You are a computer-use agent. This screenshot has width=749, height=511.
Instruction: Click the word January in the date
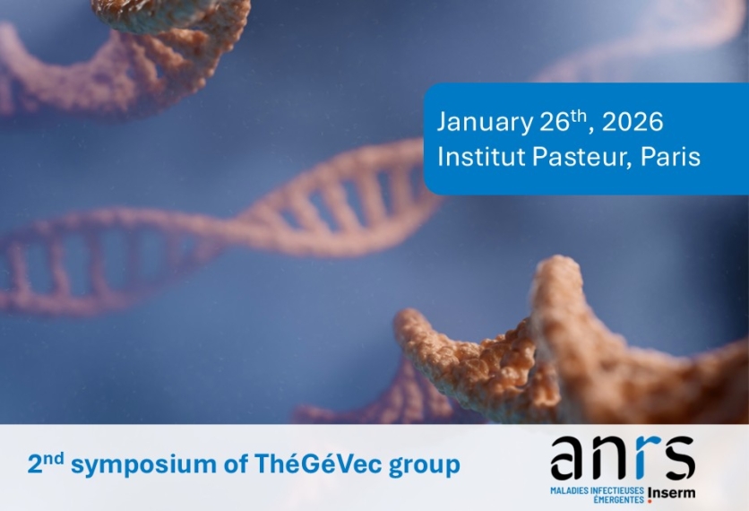485,122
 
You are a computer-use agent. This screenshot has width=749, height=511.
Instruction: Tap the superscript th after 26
578,117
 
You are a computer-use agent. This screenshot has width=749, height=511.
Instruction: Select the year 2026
633,122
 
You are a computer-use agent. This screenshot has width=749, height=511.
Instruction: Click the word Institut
481,156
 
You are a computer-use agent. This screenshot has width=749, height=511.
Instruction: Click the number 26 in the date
555,122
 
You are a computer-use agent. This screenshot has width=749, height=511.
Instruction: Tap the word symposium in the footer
143,465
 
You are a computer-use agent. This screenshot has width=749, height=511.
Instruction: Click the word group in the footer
425,466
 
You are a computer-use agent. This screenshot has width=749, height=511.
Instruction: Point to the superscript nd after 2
53,458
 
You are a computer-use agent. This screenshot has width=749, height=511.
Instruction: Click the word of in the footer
236,463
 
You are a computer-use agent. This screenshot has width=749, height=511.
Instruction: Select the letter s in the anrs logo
678,457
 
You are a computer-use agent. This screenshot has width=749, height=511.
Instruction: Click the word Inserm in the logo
672,493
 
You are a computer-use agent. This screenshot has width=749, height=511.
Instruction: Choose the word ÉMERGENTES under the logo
618,499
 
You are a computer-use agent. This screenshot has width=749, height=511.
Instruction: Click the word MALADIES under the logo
570,491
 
